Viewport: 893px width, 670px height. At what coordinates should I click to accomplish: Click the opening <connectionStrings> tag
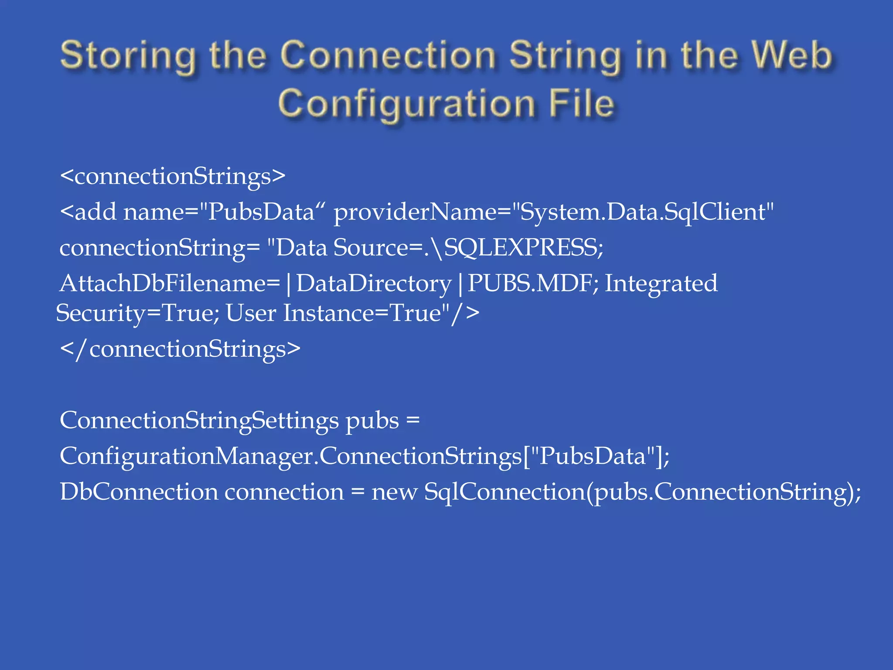[173, 176]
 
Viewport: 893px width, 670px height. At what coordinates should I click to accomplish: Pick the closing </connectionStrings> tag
[180, 349]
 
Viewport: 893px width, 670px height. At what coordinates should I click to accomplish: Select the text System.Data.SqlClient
[643, 212]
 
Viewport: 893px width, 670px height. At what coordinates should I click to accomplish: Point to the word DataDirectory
[374, 284]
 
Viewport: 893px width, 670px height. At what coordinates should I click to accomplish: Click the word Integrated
[661, 284]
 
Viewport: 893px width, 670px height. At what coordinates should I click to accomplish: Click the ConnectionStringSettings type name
[199, 420]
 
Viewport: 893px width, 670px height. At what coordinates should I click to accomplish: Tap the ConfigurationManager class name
[188, 456]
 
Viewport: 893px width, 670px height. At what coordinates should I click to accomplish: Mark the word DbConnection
[138, 492]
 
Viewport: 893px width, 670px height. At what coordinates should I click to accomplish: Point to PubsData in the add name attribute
[261, 212]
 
